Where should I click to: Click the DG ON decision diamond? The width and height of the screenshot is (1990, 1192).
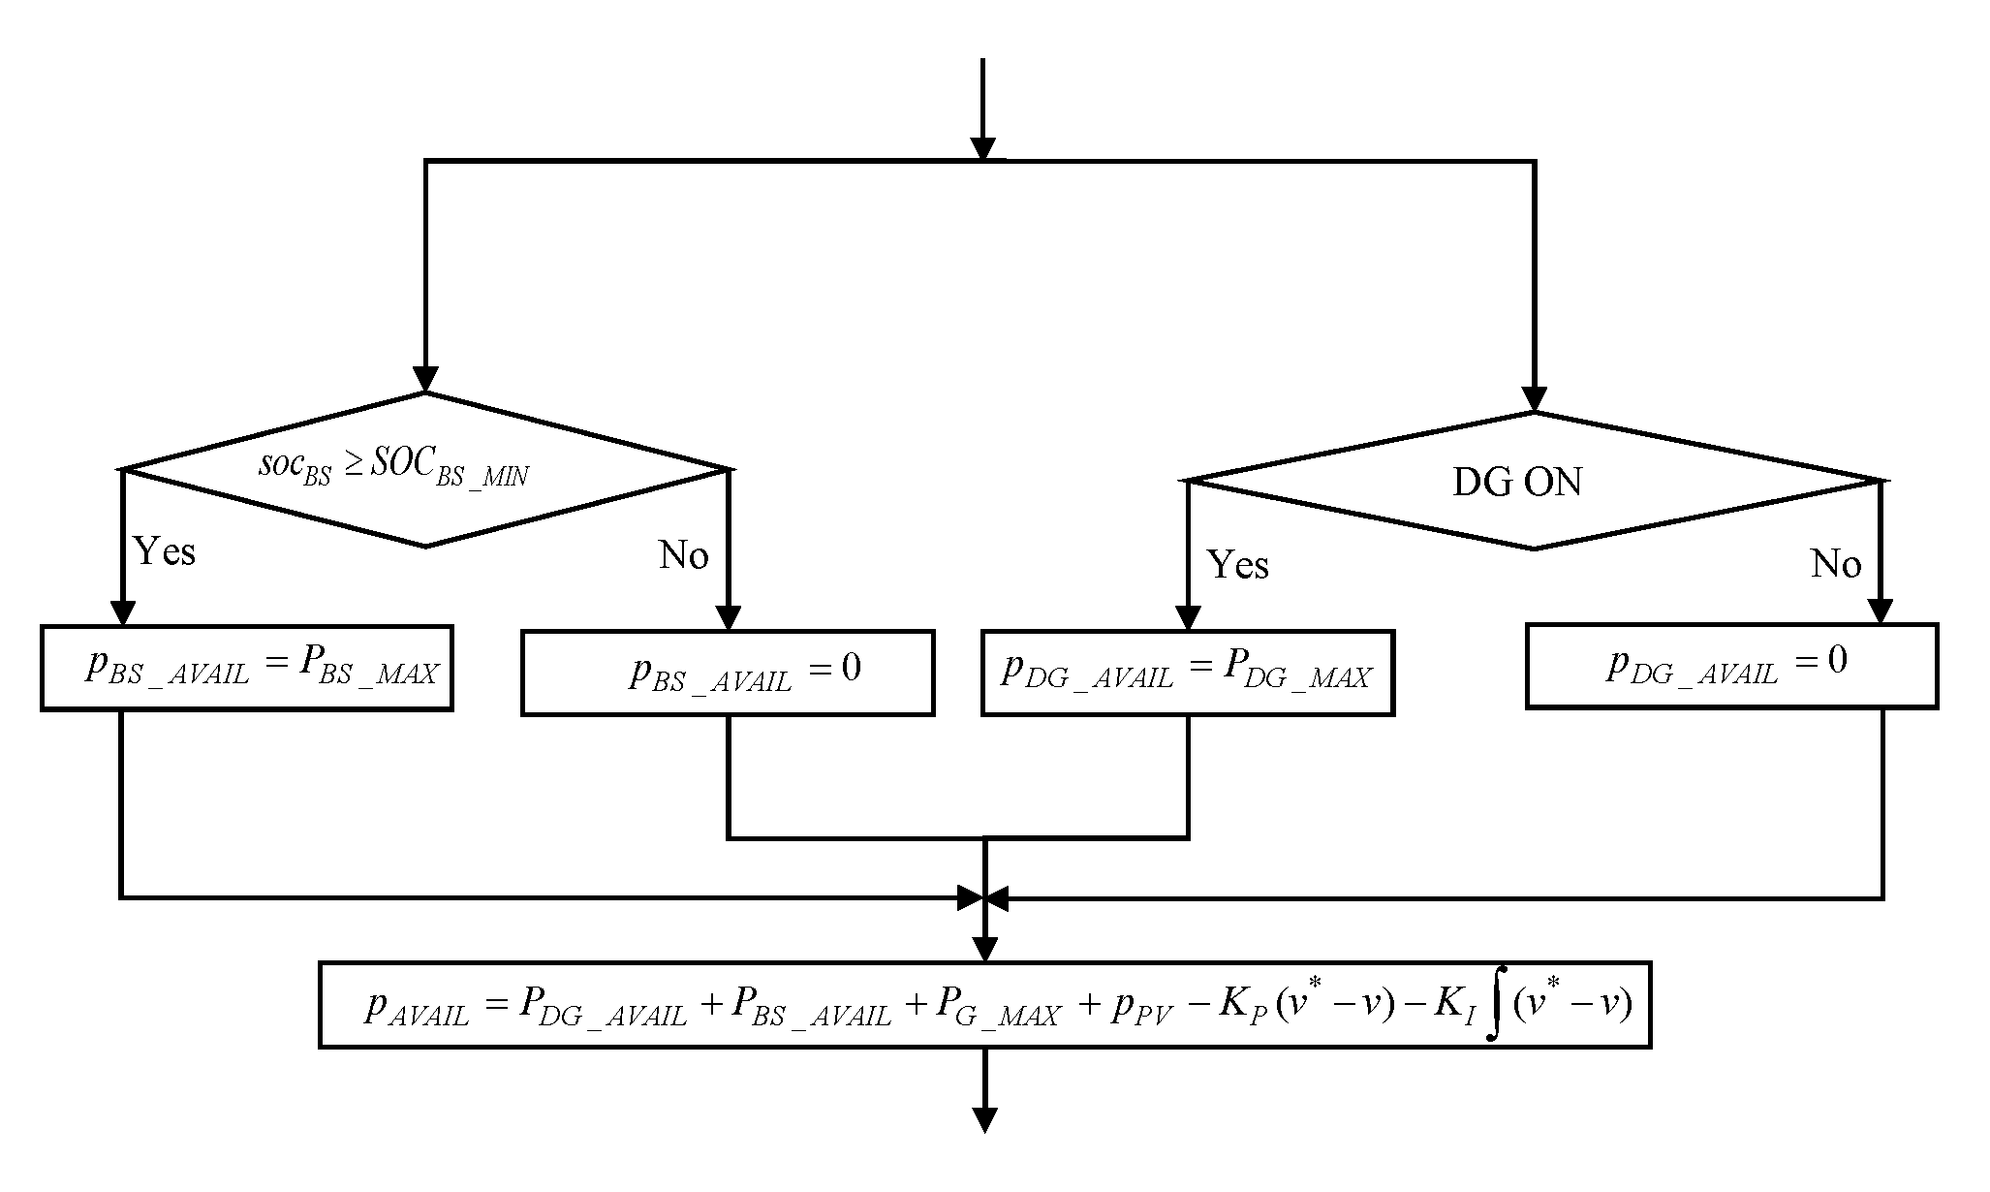tap(1534, 482)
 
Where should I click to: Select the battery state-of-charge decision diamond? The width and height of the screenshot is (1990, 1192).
tap(424, 470)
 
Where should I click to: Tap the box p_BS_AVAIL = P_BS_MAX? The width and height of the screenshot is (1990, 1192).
tap(246, 669)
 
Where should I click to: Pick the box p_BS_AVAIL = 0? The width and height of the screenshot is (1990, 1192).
tap(727, 673)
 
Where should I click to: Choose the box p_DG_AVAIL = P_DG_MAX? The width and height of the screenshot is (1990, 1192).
tap(1187, 673)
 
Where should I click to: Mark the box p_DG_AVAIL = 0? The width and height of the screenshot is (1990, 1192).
tap(1731, 666)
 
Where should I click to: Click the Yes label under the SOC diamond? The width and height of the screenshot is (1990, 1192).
tap(165, 551)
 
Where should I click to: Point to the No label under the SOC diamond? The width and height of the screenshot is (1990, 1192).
tap(683, 555)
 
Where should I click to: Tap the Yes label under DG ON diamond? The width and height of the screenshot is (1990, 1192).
tap(1237, 564)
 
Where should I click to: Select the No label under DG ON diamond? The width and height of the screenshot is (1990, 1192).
tap(1835, 563)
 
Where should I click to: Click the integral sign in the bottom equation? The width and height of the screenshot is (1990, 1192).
tap(1495, 1006)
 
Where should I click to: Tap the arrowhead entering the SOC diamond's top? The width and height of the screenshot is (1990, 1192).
tap(425, 379)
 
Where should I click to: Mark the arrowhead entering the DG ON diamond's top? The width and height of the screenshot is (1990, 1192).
tap(1534, 398)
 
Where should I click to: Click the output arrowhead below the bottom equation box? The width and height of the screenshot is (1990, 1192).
tap(984, 1119)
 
